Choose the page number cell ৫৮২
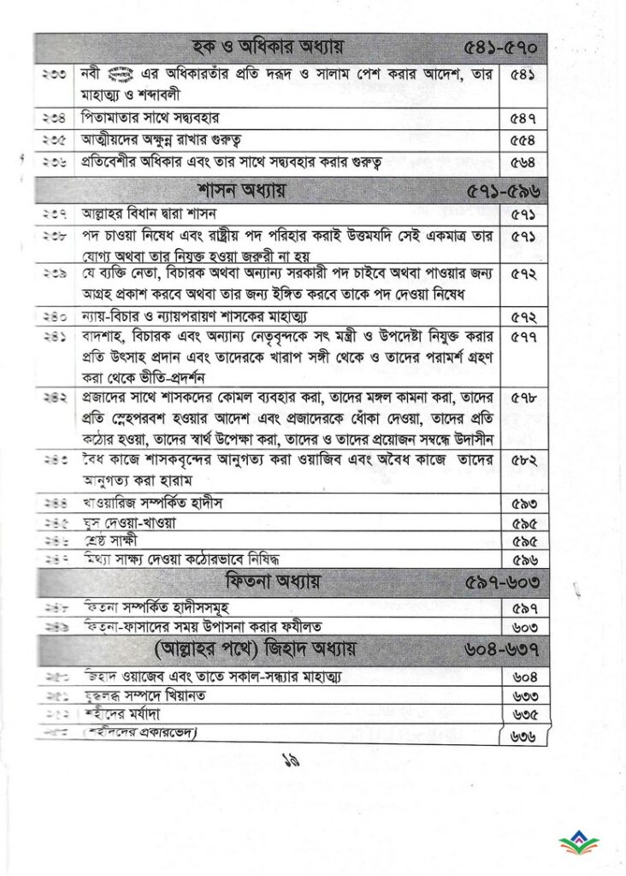[523, 461]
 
